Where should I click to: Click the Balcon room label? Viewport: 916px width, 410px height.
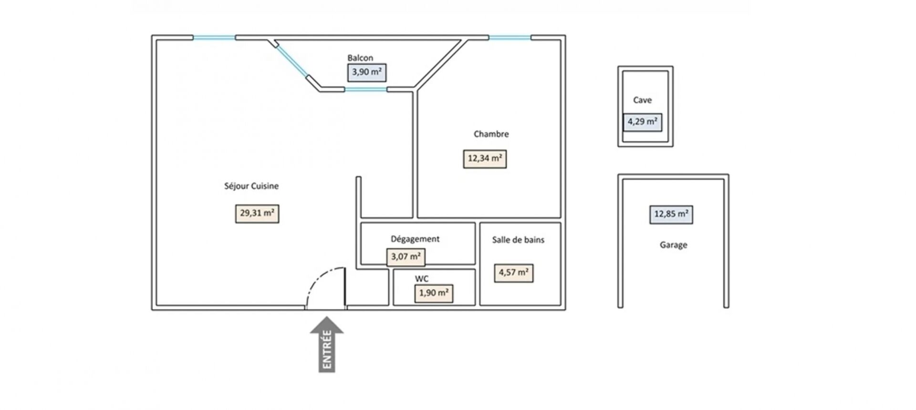pyautogui.click(x=360, y=58)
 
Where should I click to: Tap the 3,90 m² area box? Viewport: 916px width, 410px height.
pyautogui.click(x=366, y=72)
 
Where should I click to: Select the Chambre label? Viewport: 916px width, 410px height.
pyautogui.click(x=491, y=134)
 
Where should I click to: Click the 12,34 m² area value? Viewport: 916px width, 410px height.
pyautogui.click(x=485, y=159)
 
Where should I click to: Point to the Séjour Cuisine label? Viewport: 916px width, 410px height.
pyautogui.click(x=251, y=186)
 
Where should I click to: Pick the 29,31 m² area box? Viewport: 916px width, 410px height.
pyautogui.click(x=257, y=214)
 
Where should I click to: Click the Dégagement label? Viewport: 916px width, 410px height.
pyautogui.click(x=415, y=239)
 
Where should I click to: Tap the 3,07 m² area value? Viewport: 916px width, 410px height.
pyautogui.click(x=406, y=257)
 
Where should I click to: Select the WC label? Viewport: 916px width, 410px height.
pyautogui.click(x=422, y=279)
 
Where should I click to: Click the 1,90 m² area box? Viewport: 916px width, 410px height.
pyautogui.click(x=434, y=293)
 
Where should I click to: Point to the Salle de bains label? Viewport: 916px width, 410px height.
pyautogui.click(x=518, y=240)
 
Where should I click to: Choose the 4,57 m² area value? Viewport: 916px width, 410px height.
pyautogui.click(x=513, y=273)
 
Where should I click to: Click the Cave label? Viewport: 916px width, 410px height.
pyautogui.click(x=642, y=100)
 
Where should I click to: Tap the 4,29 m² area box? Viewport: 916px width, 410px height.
pyautogui.click(x=642, y=122)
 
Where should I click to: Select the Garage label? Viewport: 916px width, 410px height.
pyautogui.click(x=673, y=245)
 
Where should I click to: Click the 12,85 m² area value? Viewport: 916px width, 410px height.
pyautogui.click(x=671, y=215)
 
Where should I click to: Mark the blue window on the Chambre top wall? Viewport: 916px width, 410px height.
pyautogui.click(x=510, y=37)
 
